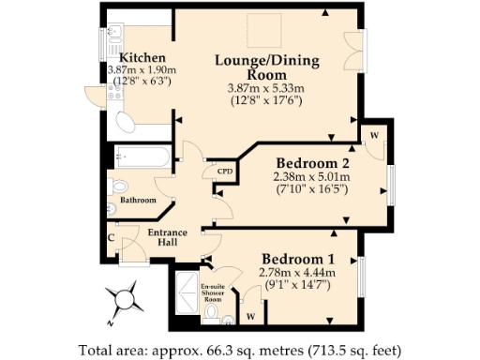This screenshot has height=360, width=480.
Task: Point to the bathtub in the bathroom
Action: pyautogui.click(x=142, y=157)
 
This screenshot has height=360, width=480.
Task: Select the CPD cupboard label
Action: pyautogui.click(x=224, y=172)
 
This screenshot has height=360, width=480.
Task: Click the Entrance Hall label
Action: pyautogui.click(x=169, y=238)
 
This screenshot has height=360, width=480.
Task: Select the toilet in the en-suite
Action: pyautogui.click(x=212, y=313)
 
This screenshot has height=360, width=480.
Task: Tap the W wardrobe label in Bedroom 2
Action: pyautogui.click(x=373, y=134)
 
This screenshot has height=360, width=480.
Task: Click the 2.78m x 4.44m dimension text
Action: pyautogui.click(x=296, y=273)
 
